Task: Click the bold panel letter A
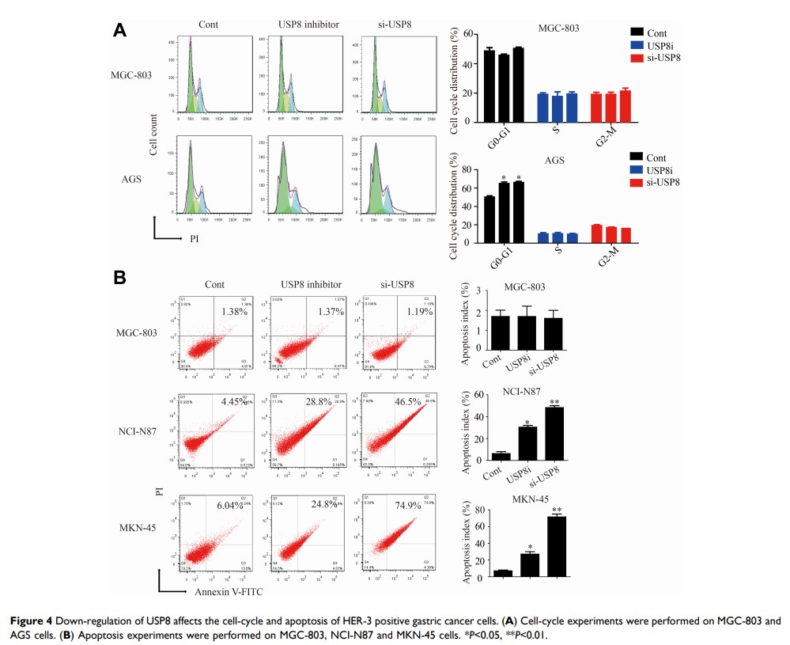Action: click(120, 30)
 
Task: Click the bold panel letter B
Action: click(120, 278)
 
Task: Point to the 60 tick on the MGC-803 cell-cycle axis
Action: click(468, 35)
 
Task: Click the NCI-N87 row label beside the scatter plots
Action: click(142, 431)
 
